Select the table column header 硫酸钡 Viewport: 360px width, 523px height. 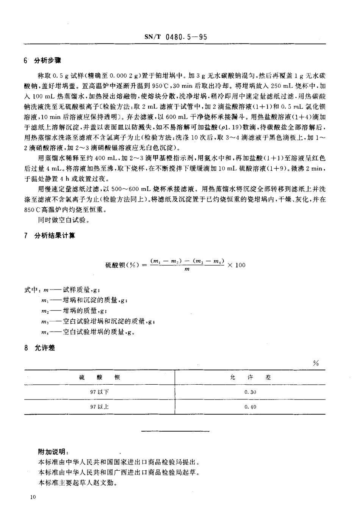(x=100, y=377)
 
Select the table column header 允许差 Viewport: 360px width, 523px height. (x=250, y=377)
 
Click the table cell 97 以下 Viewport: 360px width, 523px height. (x=99, y=392)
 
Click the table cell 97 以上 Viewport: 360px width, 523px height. (x=99, y=407)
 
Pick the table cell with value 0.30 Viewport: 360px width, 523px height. (x=250, y=392)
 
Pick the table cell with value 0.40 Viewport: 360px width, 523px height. (x=250, y=407)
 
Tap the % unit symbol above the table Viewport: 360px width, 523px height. (x=316, y=363)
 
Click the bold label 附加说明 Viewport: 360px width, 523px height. (x=53, y=452)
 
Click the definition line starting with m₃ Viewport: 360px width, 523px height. (x=98, y=321)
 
